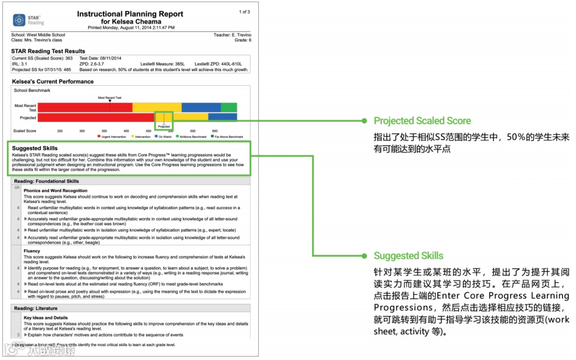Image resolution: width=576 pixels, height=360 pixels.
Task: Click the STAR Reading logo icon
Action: pos(19,20)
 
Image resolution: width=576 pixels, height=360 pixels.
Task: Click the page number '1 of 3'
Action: pos(244,12)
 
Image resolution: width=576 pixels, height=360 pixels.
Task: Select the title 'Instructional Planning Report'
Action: pos(130,14)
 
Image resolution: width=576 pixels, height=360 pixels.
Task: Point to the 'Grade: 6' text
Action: pos(243,40)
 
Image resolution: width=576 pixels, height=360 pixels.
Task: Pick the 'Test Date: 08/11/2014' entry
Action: pos(100,58)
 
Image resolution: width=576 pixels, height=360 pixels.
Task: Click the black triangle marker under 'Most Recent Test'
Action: pos(110,101)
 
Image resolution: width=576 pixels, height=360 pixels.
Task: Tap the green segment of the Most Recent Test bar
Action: pos(229,107)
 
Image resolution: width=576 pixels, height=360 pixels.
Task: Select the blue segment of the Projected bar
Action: pos(222,117)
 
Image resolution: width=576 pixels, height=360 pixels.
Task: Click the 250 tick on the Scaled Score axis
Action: pos(60,131)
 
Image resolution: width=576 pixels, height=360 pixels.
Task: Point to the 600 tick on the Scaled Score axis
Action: pos(215,131)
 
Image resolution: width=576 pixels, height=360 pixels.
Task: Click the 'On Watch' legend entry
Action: pos(163,137)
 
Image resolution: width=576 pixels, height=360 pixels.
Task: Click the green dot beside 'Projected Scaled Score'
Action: pos(364,121)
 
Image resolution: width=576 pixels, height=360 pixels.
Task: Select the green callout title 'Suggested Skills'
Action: pos(408,255)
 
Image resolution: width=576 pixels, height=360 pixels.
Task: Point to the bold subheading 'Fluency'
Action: pos(32,251)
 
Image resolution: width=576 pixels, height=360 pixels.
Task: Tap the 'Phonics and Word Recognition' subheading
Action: pos(55,190)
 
